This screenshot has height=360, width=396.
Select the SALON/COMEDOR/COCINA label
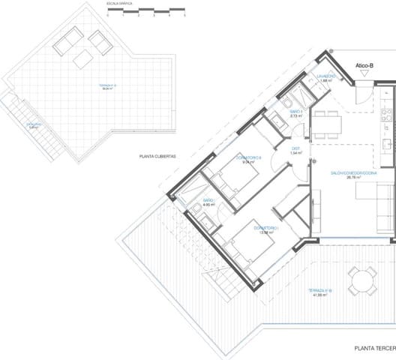(353, 173)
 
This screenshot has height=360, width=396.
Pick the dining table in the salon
(326, 123)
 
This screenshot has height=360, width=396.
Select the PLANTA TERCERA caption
(374, 348)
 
